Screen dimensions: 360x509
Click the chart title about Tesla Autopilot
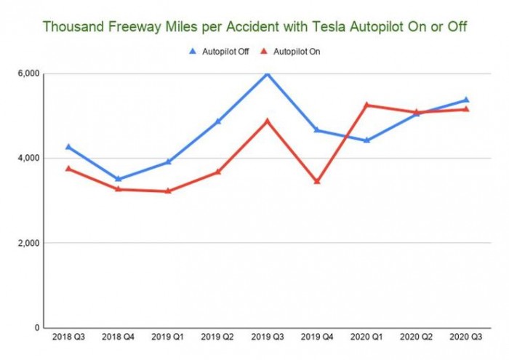click(x=254, y=27)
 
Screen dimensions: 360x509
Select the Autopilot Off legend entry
click(x=221, y=52)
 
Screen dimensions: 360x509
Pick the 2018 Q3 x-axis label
click(x=68, y=338)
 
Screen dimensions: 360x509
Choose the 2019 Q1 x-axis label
click(x=168, y=338)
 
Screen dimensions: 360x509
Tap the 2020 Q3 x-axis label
click(x=465, y=338)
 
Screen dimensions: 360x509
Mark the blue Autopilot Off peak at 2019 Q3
click(x=267, y=73)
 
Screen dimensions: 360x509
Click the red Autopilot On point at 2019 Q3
click(x=267, y=121)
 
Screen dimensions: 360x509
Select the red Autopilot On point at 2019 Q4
click(x=317, y=181)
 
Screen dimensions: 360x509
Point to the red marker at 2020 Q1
click(x=366, y=105)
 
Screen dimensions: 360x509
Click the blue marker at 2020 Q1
click(x=366, y=140)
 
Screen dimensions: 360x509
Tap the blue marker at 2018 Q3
click(x=68, y=147)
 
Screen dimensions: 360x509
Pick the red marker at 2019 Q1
click(x=168, y=191)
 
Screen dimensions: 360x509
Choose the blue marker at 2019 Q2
click(x=217, y=121)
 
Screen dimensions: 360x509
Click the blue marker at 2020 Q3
click(x=465, y=100)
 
